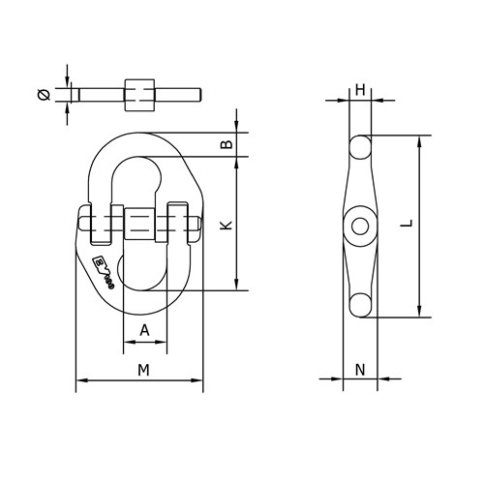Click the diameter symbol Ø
coord(43,95)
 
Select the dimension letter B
coord(226,144)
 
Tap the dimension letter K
coord(226,226)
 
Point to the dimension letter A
coord(145,330)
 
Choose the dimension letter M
coord(142,369)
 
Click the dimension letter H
coord(360,90)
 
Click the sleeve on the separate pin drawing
coord(137,94)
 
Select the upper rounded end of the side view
coord(359,147)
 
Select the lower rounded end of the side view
coord(360,305)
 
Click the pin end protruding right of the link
coord(197,227)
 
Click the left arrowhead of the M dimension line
coord(78,383)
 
